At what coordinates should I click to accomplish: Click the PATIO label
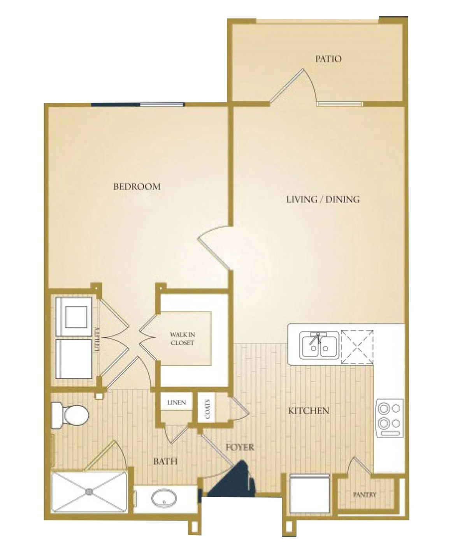[328, 59]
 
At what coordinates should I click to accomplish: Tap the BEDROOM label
[137, 187]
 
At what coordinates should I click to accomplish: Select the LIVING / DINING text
[323, 199]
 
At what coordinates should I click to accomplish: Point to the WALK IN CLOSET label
[182, 339]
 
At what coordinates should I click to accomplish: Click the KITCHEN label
[309, 411]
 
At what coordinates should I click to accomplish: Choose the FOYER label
[240, 447]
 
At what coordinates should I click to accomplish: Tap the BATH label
[165, 462]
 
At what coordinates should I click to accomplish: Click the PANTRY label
[365, 495]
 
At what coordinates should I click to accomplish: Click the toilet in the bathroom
[71, 415]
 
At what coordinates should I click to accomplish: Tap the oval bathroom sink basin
[163, 497]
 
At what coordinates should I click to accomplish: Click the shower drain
[89, 492]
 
